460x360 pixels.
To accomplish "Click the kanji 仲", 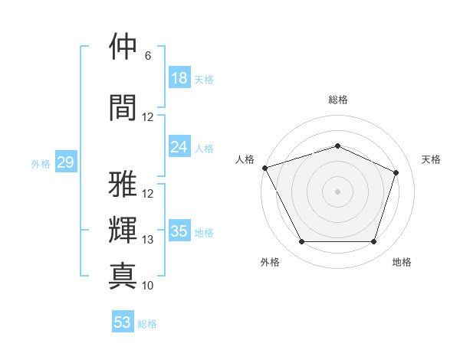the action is pyautogui.click(x=123, y=46).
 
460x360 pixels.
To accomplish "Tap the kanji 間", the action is pyautogui.click(x=123, y=107).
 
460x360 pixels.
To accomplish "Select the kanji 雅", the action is pyautogui.click(x=123, y=184).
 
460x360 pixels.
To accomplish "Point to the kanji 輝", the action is pyautogui.click(x=123, y=230).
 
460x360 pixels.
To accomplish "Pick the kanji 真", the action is pyautogui.click(x=123, y=276).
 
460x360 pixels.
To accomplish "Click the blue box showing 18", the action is pyautogui.click(x=179, y=77).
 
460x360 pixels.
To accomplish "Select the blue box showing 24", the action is pyautogui.click(x=179, y=146).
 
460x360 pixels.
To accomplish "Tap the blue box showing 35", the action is pyautogui.click(x=179, y=230).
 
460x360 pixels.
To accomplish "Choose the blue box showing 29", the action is pyautogui.click(x=66, y=162).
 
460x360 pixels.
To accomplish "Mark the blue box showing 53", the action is pyautogui.click(x=123, y=321).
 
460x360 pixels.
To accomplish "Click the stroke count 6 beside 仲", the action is pyautogui.click(x=148, y=56).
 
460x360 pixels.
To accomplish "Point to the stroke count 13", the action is pyautogui.click(x=147, y=240).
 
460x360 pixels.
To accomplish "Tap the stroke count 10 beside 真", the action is pyautogui.click(x=147, y=286).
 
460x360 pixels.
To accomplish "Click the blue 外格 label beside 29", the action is pyautogui.click(x=41, y=164).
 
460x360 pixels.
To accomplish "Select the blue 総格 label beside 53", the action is pyautogui.click(x=147, y=324).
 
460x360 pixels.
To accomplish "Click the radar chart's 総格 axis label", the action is pyautogui.click(x=338, y=100).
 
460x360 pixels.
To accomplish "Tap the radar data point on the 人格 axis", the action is pyautogui.click(x=265, y=168).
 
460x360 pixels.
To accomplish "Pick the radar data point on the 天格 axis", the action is pyautogui.click(x=396, y=172).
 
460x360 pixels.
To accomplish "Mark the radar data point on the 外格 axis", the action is pyautogui.click(x=302, y=241).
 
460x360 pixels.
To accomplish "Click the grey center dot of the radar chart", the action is pyautogui.click(x=337, y=191).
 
